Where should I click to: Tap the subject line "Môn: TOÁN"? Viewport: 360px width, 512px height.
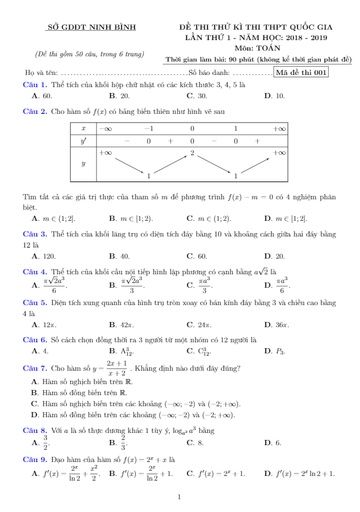(259, 48)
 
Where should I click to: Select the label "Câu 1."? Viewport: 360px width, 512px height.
(34, 84)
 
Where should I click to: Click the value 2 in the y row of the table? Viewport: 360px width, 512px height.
(192, 152)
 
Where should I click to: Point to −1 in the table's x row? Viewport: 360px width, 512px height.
(149, 128)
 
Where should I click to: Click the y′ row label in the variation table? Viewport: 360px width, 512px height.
(83, 141)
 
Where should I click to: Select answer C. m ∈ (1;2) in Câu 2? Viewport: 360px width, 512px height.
(208, 219)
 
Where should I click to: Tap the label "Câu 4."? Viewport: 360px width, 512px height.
(34, 271)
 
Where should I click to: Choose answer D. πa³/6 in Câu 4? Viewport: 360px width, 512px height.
(277, 285)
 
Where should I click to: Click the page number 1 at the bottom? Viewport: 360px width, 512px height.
(179, 497)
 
